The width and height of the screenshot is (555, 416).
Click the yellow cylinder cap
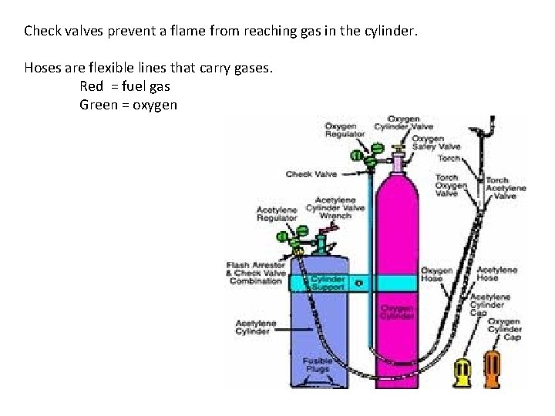pos(464,372)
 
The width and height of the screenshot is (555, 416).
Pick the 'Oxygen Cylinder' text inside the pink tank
pos(397,310)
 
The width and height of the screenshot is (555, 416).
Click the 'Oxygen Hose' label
pos(436,274)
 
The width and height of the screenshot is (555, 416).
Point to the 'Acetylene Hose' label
pos(496,274)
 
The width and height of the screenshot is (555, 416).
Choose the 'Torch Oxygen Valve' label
pos(451,186)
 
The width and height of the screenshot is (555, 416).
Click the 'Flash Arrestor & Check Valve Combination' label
pos(255,273)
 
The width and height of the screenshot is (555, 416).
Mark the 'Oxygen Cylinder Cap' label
pos(505,329)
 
